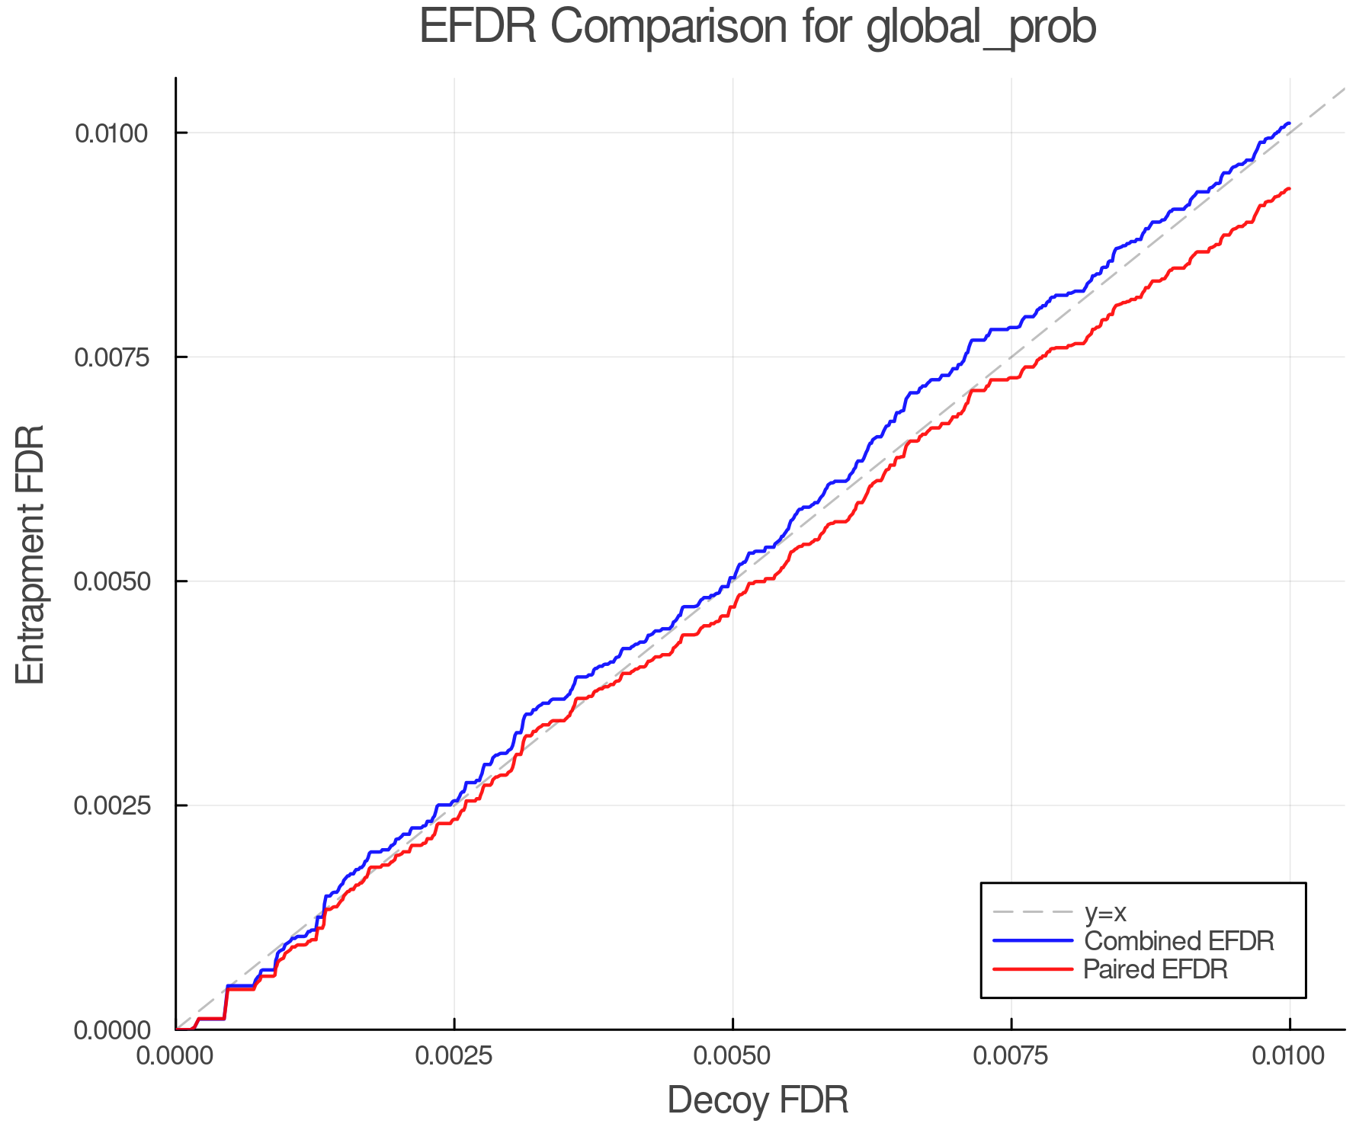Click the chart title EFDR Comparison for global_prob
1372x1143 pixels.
tap(758, 27)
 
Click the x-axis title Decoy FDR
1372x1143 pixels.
tap(758, 1100)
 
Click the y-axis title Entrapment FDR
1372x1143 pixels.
tap(31, 554)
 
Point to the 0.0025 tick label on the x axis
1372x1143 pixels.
tap(454, 1055)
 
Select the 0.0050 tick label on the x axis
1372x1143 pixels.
tap(732, 1055)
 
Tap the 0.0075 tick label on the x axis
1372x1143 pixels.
tap(1011, 1055)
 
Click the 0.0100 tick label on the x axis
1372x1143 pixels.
tap(1290, 1055)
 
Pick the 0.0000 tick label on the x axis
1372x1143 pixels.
tap(175, 1055)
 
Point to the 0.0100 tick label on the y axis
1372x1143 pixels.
tap(111, 133)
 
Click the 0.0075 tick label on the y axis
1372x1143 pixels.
tap(111, 357)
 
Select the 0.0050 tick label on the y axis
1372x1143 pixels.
tap(111, 581)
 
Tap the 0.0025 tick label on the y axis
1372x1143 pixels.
tap(111, 805)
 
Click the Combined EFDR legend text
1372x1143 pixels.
tap(1178, 941)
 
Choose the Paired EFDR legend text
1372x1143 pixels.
tap(1156, 969)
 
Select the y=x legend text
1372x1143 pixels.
tap(1105, 912)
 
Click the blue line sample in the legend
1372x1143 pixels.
tap(1033, 941)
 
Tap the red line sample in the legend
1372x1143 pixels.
tap(1033, 969)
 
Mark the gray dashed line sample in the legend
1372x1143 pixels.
tap(1033, 912)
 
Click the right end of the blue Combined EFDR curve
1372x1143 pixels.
tap(1289, 123)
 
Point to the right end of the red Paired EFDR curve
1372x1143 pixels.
tap(1289, 188)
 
